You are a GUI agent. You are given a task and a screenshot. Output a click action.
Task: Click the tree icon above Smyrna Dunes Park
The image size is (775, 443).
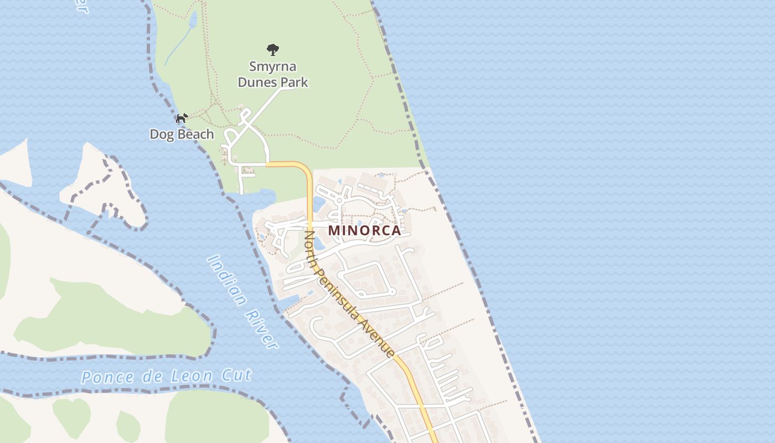pos(273,50)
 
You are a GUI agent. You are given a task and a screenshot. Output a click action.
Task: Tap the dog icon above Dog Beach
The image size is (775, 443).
pos(182,118)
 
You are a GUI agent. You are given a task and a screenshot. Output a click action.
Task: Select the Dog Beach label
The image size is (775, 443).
pos(182,134)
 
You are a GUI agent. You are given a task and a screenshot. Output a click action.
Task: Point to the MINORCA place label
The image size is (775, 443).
pos(364,230)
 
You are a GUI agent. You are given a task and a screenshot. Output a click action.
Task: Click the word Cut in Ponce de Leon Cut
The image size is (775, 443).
pos(238,375)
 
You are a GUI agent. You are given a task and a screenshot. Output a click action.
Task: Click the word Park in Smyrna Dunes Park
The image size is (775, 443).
pos(293,83)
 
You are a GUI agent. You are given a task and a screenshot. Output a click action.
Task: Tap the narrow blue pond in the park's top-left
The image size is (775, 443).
pos(193,20)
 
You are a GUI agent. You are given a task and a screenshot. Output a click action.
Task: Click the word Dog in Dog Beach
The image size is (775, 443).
pos(160,134)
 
